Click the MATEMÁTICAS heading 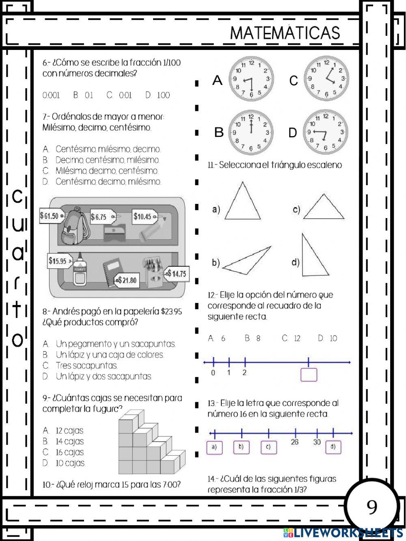tap(285, 33)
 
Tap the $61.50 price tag tap(51, 216)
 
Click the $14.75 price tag tap(177, 274)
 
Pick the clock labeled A tap(251, 79)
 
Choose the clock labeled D tap(326, 132)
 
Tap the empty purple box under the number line tap(309, 374)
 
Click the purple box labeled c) tap(268, 447)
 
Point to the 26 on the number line tap(295, 442)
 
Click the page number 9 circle tap(371, 506)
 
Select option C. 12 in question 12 tap(292, 338)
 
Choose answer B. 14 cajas tap(64, 441)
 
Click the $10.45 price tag tap(143, 216)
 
